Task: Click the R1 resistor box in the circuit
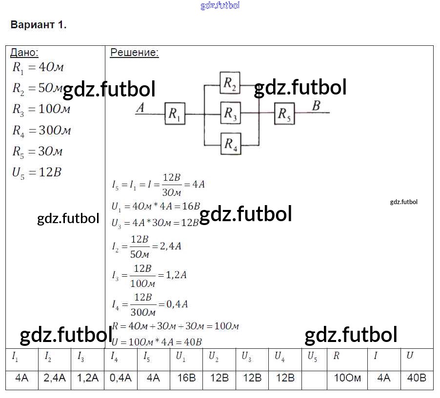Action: pyautogui.click(x=175, y=114)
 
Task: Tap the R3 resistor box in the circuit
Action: pyautogui.click(x=230, y=114)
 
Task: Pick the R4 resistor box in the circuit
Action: pyautogui.click(x=230, y=144)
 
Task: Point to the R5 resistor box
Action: pyautogui.click(x=284, y=114)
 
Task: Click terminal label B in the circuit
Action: pyautogui.click(x=316, y=106)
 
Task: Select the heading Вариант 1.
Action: pyautogui.click(x=39, y=25)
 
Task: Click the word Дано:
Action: pyautogui.click(x=24, y=53)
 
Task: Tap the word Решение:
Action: pyautogui.click(x=134, y=53)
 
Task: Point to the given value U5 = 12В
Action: pyautogui.click(x=37, y=172)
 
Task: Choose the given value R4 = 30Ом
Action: pyautogui.click(x=41, y=131)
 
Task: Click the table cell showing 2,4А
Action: pyautogui.click(x=55, y=378)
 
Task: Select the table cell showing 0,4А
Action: pyautogui.click(x=120, y=378)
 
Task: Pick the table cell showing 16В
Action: pyautogui.click(x=186, y=378)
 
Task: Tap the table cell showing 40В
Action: pyautogui.click(x=416, y=378)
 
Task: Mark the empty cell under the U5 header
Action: pyautogui.click(x=315, y=378)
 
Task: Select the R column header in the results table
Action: pyautogui.click(x=337, y=356)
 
